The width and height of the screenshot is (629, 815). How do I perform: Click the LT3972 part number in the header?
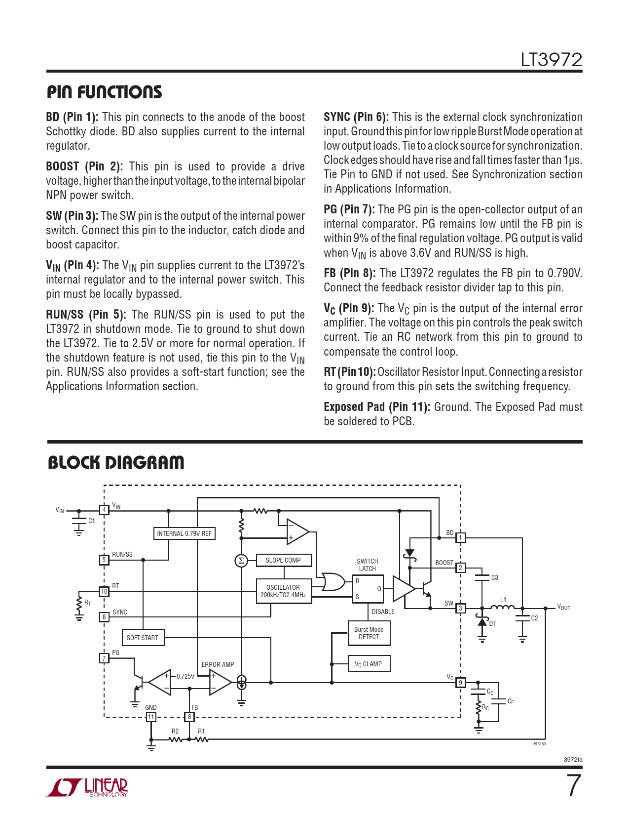click(x=551, y=60)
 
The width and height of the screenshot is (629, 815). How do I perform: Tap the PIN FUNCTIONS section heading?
click(x=104, y=92)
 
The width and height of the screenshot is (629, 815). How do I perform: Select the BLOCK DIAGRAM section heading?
click(x=116, y=463)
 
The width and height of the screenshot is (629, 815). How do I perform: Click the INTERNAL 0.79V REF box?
click(x=184, y=533)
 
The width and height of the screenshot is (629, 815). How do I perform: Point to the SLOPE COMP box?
click(x=284, y=560)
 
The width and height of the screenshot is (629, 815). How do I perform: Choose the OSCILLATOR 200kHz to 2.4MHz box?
click(x=284, y=591)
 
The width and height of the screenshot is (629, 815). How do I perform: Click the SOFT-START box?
click(x=143, y=638)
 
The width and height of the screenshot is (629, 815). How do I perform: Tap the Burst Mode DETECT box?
click(x=369, y=633)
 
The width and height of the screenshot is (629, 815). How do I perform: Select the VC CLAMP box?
click(x=369, y=664)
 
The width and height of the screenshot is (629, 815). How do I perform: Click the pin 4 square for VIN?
click(x=104, y=510)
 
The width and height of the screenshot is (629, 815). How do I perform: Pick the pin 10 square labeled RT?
click(x=104, y=591)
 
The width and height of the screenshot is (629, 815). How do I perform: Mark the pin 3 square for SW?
click(x=460, y=608)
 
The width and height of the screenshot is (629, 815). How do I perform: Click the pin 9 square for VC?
click(x=460, y=683)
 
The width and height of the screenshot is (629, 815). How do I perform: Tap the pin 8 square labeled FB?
click(x=189, y=717)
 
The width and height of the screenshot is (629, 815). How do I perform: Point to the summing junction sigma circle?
click(x=241, y=561)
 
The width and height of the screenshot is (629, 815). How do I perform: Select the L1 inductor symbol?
click(x=502, y=607)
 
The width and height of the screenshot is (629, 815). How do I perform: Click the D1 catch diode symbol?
click(x=482, y=621)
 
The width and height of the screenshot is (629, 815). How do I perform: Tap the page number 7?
click(x=573, y=785)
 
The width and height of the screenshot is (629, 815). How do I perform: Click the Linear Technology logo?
click(x=87, y=787)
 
